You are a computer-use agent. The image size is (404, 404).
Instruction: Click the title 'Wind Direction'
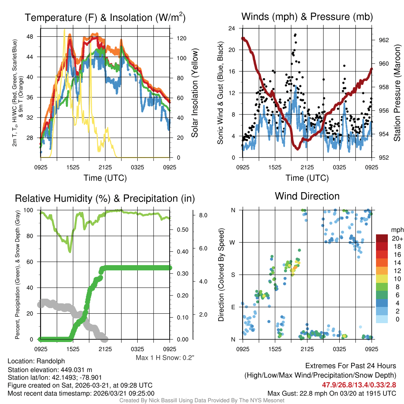coord(307,196)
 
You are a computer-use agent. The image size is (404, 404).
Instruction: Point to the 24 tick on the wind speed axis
coord(232,28)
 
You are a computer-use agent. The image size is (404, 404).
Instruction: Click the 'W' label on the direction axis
coord(233,242)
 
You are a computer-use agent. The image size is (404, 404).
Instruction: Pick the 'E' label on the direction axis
coord(233,307)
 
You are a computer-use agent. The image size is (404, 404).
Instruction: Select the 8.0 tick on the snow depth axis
coord(203,215)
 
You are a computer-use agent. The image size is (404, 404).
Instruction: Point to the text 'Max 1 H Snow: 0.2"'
coord(165,357)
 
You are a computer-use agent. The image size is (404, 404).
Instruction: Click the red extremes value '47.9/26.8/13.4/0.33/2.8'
coord(359,385)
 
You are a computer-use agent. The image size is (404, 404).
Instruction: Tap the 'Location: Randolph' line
coord(36,361)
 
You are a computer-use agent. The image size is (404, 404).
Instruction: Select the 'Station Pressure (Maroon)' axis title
coord(397,93)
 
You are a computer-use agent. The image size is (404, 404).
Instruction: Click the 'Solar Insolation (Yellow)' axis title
coord(194,93)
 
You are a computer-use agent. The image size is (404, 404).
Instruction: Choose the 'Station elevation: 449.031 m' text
coord(50,370)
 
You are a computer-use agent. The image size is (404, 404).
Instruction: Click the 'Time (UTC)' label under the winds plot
coord(307,178)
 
